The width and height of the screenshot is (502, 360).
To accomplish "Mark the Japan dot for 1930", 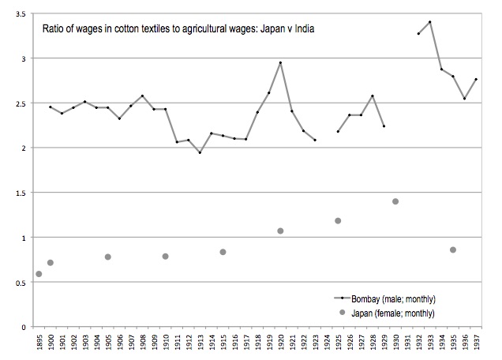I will click(395, 201).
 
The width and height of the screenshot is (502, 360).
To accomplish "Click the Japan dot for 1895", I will click(39, 274).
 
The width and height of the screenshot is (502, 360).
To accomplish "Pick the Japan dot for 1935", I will click(453, 249).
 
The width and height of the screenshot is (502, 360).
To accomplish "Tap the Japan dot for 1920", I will click(280, 231).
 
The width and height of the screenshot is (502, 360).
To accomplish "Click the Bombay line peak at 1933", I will click(430, 22).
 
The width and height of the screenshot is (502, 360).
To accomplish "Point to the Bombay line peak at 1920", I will click(280, 62).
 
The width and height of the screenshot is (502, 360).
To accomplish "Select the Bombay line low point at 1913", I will click(200, 152).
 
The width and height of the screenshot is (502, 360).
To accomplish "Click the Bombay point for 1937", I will click(476, 79).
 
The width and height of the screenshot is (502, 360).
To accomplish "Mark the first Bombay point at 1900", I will click(50, 107).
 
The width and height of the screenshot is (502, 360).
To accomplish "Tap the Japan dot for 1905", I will click(107, 257).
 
